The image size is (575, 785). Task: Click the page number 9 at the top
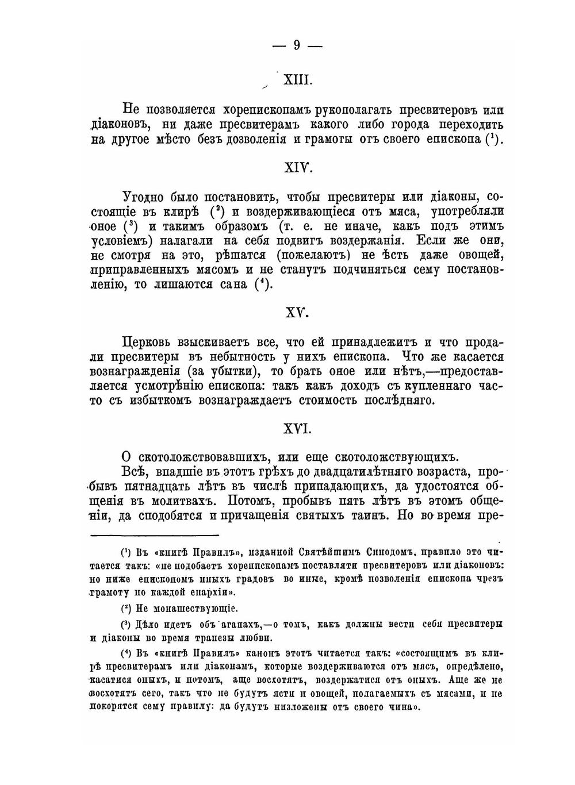pos(297,45)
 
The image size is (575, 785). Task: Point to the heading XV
pos(298,313)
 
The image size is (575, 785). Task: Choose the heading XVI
pos(298,429)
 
